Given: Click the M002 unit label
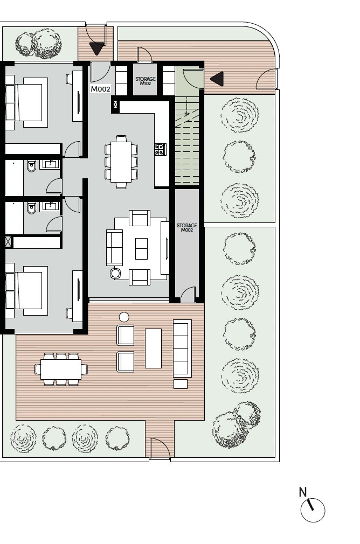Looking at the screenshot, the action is (100, 89).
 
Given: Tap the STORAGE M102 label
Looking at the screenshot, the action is (146, 81).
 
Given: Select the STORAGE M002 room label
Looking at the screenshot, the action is (187, 228).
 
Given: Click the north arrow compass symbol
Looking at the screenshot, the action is (313, 511).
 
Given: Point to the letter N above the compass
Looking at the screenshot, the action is (303, 492).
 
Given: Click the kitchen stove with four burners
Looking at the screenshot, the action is (161, 150).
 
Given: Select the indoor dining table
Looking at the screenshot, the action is (121, 162).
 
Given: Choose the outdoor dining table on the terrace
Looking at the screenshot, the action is (61, 369).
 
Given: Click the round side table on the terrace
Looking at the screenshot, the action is (124, 317).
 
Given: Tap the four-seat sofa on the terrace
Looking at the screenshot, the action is (182, 348).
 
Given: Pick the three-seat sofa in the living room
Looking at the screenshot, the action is (115, 248).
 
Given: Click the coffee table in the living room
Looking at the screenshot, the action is (141, 249).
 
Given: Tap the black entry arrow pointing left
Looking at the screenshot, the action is (217, 79).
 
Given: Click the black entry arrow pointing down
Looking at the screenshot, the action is (96, 48).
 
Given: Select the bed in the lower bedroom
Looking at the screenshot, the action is (26, 291).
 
